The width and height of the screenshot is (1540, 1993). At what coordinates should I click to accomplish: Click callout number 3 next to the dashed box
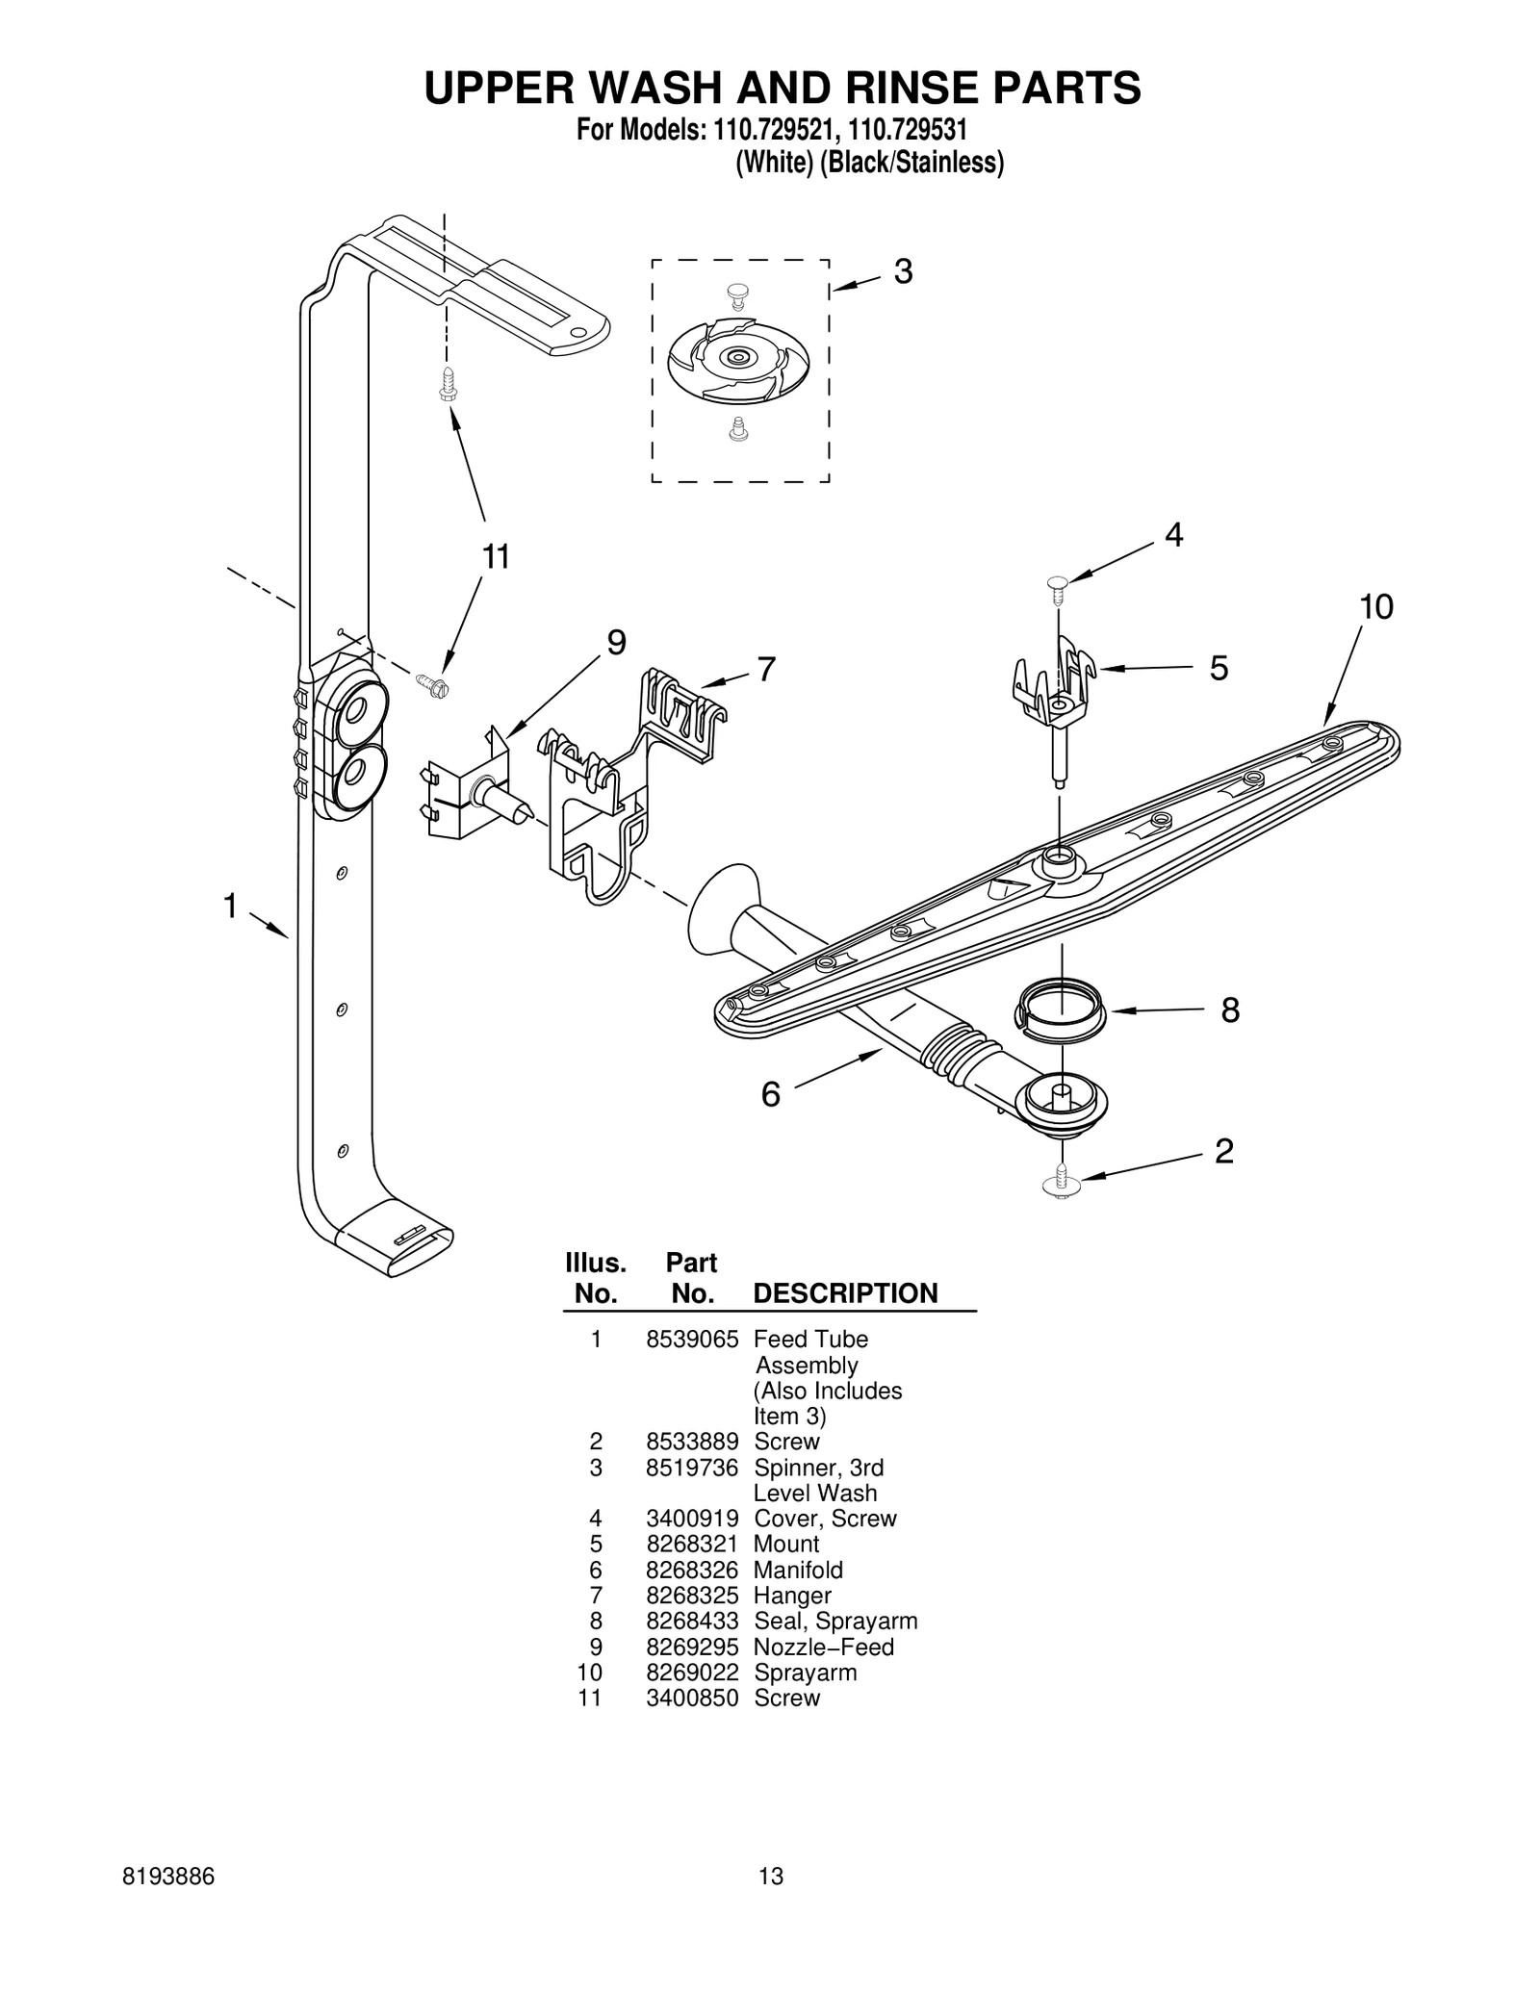(x=902, y=272)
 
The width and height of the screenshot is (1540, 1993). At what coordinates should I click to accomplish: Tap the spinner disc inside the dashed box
(x=738, y=359)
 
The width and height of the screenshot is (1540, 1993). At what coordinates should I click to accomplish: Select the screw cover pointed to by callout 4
(x=1058, y=583)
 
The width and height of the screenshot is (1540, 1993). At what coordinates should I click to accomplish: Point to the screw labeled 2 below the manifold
(x=1062, y=1181)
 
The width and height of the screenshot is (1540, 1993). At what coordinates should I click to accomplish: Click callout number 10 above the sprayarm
(x=1375, y=607)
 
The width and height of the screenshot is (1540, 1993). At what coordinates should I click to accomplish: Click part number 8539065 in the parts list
(x=692, y=1339)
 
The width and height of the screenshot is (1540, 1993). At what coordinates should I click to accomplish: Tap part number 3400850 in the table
(x=692, y=1698)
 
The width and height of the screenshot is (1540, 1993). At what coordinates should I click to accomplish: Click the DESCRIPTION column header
(x=845, y=1293)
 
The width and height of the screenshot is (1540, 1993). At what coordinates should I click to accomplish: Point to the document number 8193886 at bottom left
(x=169, y=1876)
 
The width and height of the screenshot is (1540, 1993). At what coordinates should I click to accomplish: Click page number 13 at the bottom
(x=771, y=1876)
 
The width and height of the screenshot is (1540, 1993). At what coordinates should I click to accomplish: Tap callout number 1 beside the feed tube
(x=230, y=906)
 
